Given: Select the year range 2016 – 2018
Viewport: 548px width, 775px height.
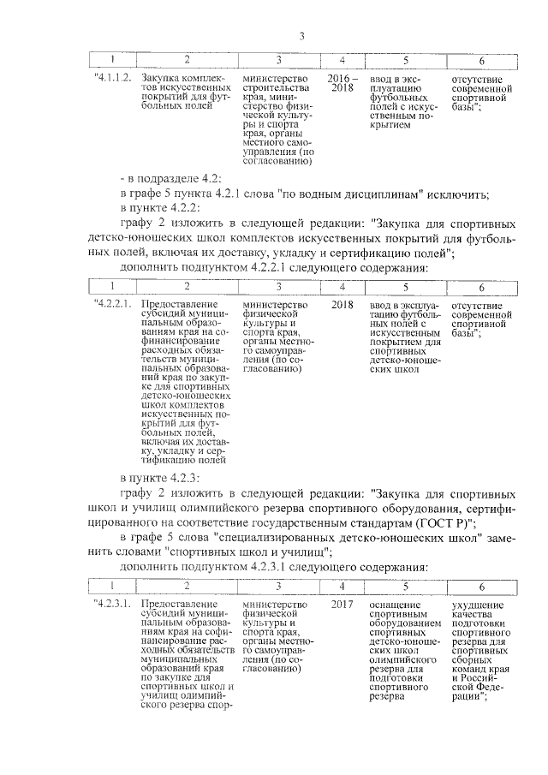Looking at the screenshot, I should point(342,83).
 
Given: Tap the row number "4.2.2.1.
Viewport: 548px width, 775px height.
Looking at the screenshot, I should point(111,305).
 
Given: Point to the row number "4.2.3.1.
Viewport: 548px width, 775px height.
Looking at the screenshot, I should point(111,605).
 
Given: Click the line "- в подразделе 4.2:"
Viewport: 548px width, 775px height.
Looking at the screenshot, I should point(171,178).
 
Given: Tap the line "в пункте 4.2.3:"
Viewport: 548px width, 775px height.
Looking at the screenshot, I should point(160,478).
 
